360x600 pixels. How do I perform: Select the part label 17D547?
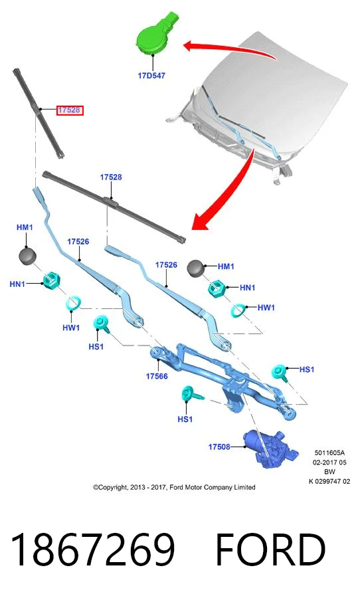click(x=151, y=76)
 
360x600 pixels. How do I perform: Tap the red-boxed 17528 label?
click(x=69, y=110)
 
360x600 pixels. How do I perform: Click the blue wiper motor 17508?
click(x=270, y=448)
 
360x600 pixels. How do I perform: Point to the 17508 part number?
click(x=219, y=447)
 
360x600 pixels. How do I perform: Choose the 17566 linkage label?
click(x=157, y=376)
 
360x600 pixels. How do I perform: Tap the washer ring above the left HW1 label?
click(x=73, y=303)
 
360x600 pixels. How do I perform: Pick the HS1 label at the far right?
click(x=306, y=369)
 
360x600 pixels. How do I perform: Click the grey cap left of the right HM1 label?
click(x=196, y=268)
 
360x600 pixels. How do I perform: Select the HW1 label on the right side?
click(x=266, y=307)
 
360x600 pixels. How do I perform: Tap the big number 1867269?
click(x=93, y=549)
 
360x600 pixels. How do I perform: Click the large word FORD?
click(x=271, y=549)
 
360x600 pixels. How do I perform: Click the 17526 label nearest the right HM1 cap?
click(x=166, y=265)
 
